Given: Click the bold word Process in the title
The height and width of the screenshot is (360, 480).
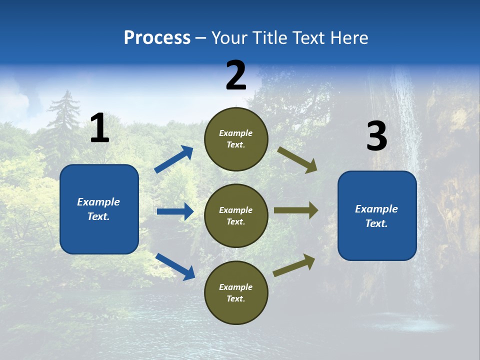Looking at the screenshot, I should tap(157, 38).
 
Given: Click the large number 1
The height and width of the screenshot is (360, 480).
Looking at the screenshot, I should tap(99, 128).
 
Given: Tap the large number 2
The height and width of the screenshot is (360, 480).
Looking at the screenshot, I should tap(236, 76).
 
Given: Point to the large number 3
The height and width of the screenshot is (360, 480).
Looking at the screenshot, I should tap(376, 136).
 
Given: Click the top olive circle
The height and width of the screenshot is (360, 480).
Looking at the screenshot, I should tap(236, 139).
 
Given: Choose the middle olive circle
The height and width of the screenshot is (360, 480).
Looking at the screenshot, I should tap(236, 215).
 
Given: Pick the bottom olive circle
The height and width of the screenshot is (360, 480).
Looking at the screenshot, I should tap(236, 292).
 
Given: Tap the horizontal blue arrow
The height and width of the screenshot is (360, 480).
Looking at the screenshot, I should tap(175, 211).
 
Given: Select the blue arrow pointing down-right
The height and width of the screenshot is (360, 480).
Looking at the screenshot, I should tap(175, 266).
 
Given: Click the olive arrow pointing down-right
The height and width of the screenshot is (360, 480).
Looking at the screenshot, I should tap(297, 160).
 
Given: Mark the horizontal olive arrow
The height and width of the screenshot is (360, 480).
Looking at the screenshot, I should tap(295, 210).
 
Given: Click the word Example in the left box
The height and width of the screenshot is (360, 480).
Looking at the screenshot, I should tap(98, 202).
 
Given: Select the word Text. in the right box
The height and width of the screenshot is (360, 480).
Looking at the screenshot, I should tap(376, 223).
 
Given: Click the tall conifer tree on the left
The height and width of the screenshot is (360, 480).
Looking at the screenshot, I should tap(63, 120).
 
